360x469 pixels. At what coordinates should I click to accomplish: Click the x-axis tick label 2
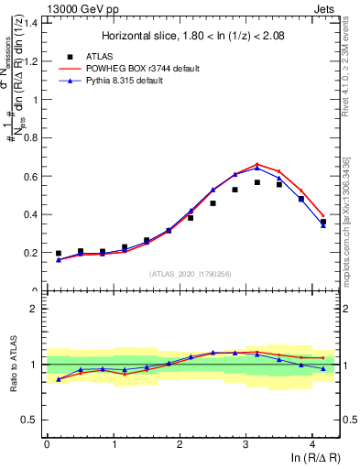pos(180,444)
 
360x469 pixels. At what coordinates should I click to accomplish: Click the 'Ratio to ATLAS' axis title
pos(11,365)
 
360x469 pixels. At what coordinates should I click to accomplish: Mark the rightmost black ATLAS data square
pos(322,222)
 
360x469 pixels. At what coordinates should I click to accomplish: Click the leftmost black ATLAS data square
pos(59,254)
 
